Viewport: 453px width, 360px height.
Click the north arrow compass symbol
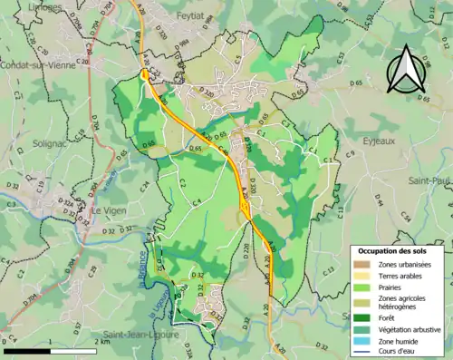404,69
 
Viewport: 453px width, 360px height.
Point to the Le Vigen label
109,210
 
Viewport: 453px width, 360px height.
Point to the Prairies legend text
396,285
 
